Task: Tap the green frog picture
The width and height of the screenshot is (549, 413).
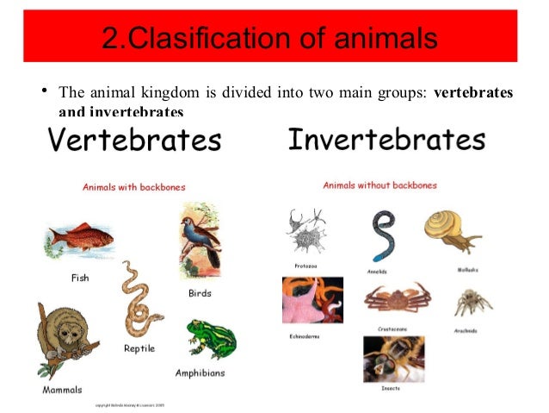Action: (211, 339)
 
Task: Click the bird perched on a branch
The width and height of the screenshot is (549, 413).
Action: (200, 241)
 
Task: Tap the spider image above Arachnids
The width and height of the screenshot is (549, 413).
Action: (472, 303)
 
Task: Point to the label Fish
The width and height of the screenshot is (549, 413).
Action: (79, 278)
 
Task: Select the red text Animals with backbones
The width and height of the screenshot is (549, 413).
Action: (133, 186)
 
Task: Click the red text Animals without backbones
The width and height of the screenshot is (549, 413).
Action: (379, 185)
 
